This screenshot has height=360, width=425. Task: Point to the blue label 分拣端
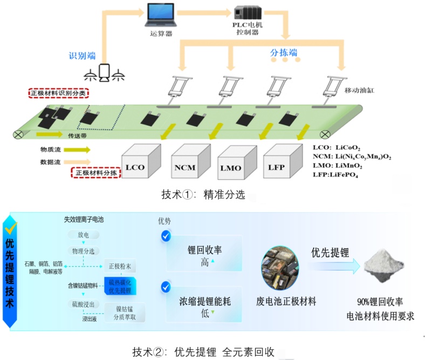[284, 52]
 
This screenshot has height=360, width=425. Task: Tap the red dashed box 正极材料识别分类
[59, 93]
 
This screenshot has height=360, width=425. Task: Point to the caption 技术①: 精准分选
[202, 195]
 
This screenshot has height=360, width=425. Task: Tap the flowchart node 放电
[86, 235]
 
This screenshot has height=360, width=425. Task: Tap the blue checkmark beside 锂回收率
[166, 236]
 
